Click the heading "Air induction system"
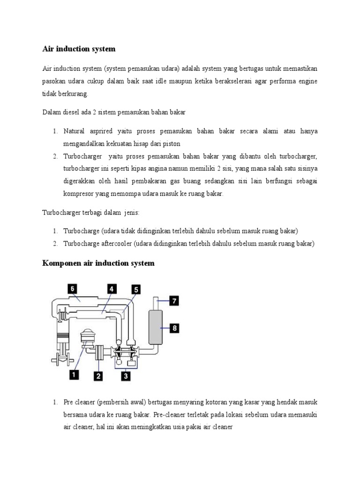[x=79, y=49]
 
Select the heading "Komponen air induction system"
[x=98, y=263]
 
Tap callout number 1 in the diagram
[x=73, y=374]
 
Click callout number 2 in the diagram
[x=98, y=375]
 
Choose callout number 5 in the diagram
[x=135, y=290]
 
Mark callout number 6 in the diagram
[x=73, y=289]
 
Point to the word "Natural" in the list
[x=75, y=131]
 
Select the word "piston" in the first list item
[x=172, y=143]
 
